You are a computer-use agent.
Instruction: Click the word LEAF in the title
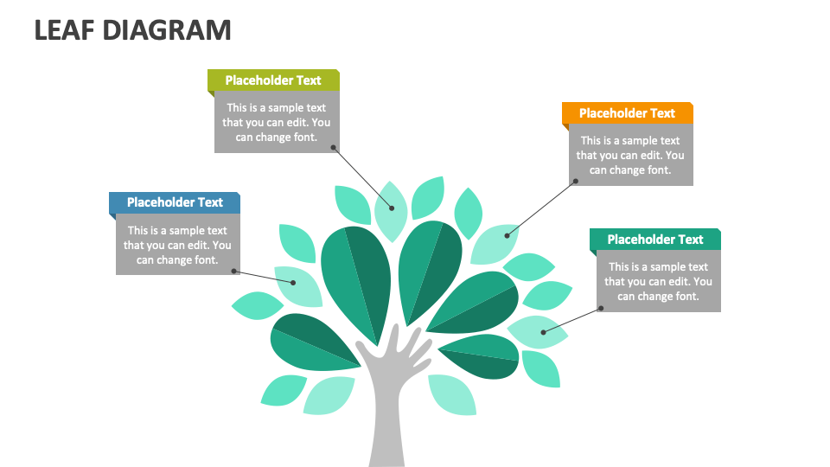pyautogui.click(x=65, y=29)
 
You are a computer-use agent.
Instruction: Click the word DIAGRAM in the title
pyautogui.click(x=167, y=29)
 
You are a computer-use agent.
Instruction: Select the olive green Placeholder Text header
pyautogui.click(x=273, y=80)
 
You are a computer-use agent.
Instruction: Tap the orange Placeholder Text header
pyautogui.click(x=627, y=113)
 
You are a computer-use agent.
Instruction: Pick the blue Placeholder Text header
pyautogui.click(x=175, y=202)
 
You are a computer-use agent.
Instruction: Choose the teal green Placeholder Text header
pyautogui.click(x=654, y=240)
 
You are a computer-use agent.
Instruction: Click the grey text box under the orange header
pyautogui.click(x=630, y=156)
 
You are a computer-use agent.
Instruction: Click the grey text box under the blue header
pyautogui.click(x=177, y=245)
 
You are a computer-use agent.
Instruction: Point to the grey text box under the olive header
pyautogui.click(x=276, y=122)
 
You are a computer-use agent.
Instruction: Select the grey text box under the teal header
pyautogui.click(x=658, y=282)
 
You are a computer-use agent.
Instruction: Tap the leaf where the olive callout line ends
pyautogui.click(x=391, y=209)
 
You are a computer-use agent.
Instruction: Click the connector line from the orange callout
pyautogui.click(x=540, y=208)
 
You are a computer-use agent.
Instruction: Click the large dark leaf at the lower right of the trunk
pyautogui.click(x=480, y=355)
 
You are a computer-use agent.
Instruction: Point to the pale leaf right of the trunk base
pyautogui.click(x=451, y=394)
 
